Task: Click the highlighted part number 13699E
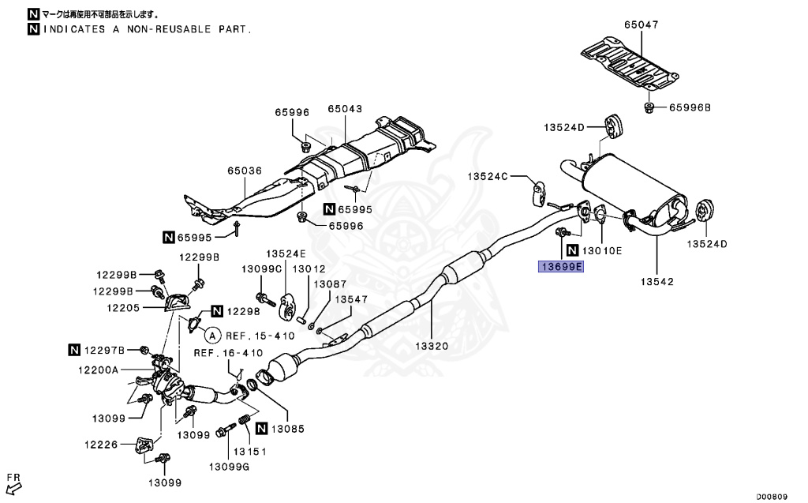tap(560, 267)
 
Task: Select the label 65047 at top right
tap(641, 25)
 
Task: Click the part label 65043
tap(345, 109)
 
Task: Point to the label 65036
tap(245, 170)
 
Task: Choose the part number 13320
tap(432, 345)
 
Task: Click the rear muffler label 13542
tap(656, 281)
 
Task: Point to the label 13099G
tap(229, 467)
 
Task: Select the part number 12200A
tap(97, 370)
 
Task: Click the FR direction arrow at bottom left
tap(13, 482)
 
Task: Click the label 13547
tap(350, 300)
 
